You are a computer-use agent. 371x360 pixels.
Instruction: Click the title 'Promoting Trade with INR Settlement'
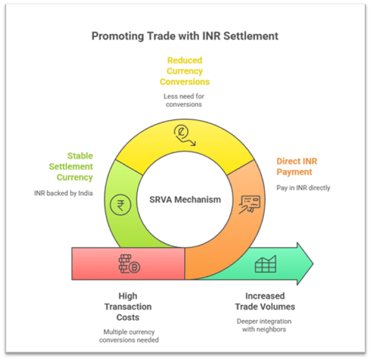(x=185, y=36)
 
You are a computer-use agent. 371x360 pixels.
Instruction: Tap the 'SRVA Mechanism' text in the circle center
(x=185, y=200)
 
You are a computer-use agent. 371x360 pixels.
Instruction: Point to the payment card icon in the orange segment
(x=250, y=203)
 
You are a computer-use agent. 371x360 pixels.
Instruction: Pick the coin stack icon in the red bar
(x=129, y=264)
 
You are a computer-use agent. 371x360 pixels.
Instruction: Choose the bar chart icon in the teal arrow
(x=265, y=265)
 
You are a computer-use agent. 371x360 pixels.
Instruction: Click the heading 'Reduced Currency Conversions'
(x=185, y=71)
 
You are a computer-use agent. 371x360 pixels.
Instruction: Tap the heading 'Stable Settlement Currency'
(x=71, y=167)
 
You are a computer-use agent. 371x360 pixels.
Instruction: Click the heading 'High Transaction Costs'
(x=128, y=307)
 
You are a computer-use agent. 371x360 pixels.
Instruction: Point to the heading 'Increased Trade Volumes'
(x=264, y=301)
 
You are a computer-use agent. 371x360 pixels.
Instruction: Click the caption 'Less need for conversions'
(x=185, y=100)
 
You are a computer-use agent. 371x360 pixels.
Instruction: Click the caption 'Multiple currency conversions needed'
(x=129, y=336)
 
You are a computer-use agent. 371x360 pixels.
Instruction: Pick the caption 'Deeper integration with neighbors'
(x=264, y=326)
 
